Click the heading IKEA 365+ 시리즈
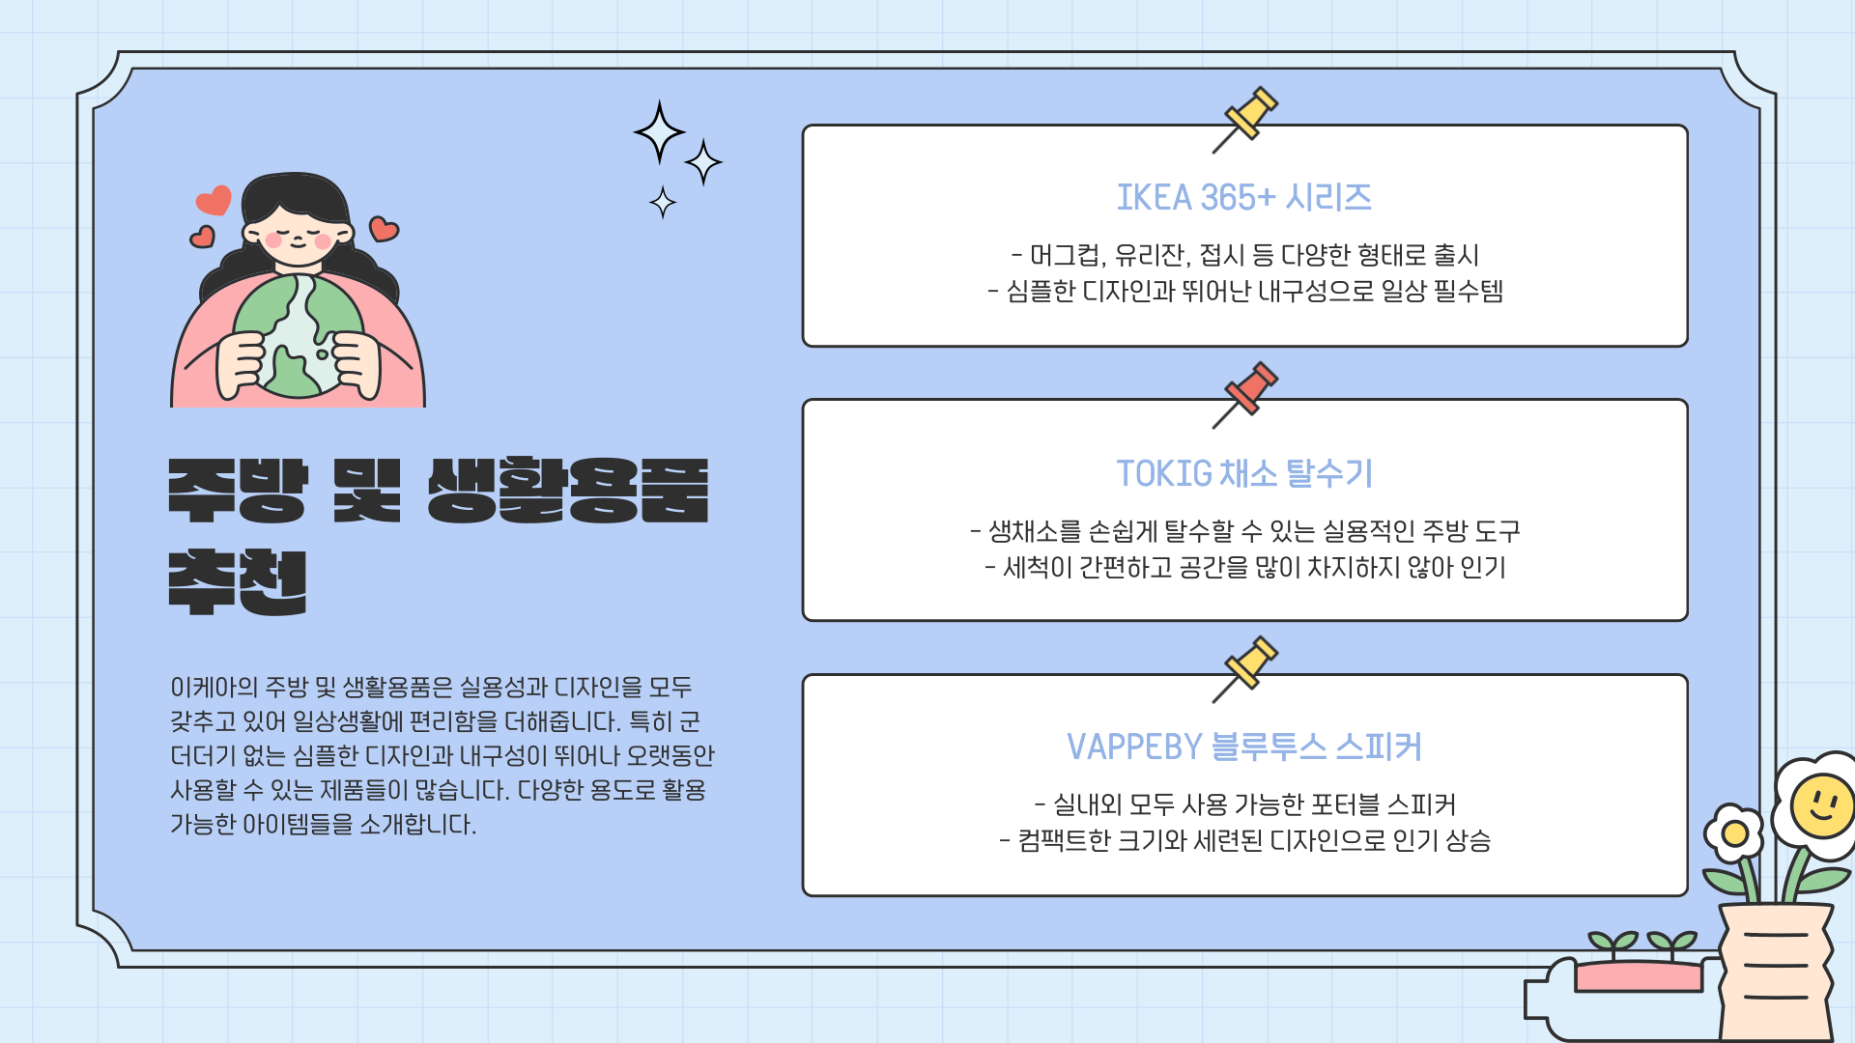1243,198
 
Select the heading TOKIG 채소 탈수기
1243,473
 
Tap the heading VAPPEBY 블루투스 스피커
1243,747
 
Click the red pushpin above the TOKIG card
1250,389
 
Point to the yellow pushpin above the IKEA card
1250,114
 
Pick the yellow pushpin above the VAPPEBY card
1250,663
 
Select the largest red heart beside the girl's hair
214,200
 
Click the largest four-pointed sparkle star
659,132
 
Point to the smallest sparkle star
663,203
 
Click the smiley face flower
1822,804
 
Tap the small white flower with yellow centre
1735,833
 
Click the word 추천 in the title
238,581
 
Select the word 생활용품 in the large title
568,491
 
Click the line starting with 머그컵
1244,255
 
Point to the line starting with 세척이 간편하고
1244,567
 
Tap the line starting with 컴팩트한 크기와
1244,840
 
